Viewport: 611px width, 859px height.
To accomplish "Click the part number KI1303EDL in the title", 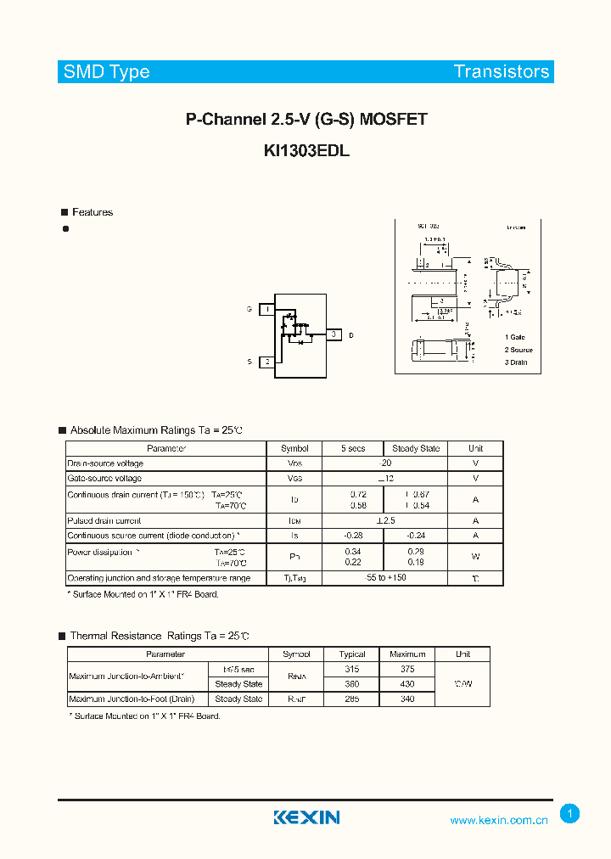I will point(305,151).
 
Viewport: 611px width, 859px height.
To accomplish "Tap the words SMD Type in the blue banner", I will point(107,72).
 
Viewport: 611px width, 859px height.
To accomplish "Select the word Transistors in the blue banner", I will point(502,72).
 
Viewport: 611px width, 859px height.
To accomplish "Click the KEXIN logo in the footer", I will point(306,817).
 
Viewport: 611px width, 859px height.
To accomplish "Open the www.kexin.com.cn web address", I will point(499,820).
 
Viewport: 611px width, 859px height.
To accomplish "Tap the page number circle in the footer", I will point(570,814).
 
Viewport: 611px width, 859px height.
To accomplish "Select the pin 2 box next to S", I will point(267,362).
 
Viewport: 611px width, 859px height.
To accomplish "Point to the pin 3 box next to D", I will point(334,335).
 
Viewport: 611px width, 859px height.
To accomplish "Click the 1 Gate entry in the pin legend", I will point(514,337).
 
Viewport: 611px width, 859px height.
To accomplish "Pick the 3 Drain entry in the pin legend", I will point(515,362).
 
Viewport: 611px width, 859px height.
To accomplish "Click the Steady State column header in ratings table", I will point(416,448).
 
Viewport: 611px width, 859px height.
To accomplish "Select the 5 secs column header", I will point(353,448).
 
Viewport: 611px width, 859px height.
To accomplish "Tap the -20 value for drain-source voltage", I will point(385,463).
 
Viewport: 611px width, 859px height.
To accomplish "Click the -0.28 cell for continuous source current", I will point(353,536).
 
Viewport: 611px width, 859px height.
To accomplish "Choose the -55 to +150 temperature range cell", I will point(385,578).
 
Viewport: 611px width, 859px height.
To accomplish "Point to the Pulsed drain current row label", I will point(104,520).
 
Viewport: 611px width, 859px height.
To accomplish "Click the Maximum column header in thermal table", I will point(407,654).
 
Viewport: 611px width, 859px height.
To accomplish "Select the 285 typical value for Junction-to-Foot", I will point(352,699).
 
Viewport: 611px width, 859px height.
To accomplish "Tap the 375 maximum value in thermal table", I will point(407,669).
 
